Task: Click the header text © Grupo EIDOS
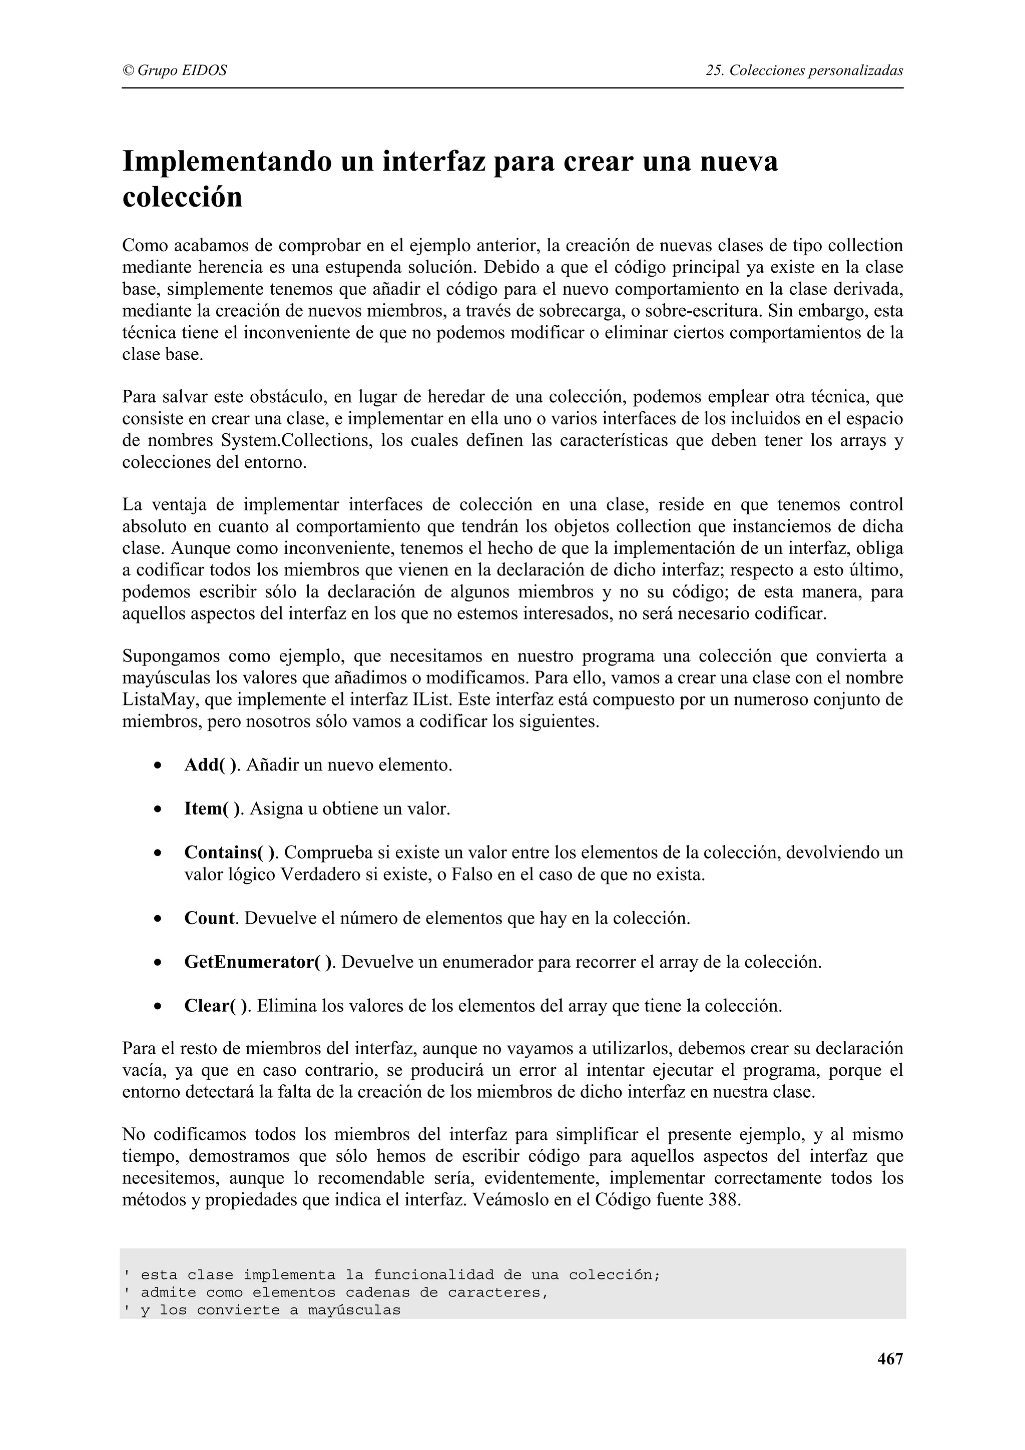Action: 174,71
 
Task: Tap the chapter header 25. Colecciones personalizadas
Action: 804,71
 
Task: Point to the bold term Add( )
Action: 211,766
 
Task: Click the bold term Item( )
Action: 212,809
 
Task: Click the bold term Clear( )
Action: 216,1006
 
